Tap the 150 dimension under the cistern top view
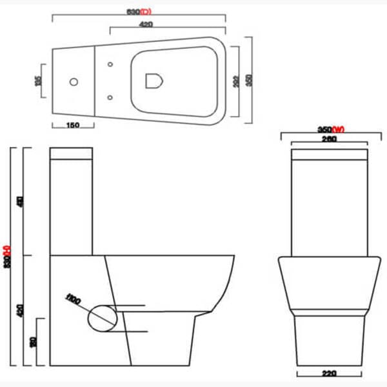72,126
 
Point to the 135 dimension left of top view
38,81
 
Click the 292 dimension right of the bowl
235,81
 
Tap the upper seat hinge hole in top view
110,64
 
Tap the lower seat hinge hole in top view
110,97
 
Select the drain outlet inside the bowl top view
153,81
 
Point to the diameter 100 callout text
72,300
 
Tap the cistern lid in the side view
72,154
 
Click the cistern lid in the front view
330,155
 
